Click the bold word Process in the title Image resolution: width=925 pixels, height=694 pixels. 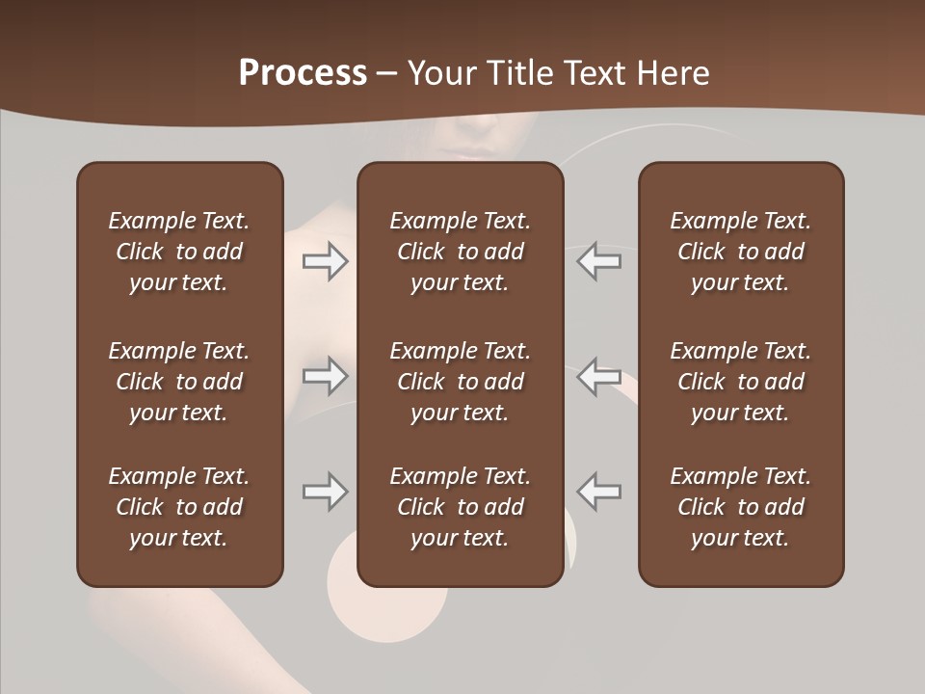tap(303, 73)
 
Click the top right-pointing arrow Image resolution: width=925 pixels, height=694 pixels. tap(326, 261)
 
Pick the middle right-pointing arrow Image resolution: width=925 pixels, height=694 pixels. tap(326, 376)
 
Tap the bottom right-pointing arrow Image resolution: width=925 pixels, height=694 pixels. tap(326, 492)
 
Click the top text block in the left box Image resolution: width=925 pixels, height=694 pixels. tap(179, 252)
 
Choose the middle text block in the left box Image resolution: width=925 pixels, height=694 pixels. tap(179, 382)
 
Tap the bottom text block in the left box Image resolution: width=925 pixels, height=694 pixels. tap(179, 507)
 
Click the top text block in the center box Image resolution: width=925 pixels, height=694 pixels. tap(460, 252)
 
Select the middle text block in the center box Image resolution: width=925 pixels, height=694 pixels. tap(460, 382)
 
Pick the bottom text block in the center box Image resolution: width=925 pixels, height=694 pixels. tap(460, 507)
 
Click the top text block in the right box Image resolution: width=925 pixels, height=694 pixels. tap(741, 252)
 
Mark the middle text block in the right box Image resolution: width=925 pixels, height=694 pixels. tap(741, 382)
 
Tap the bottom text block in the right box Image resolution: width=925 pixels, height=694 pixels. tap(741, 507)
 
